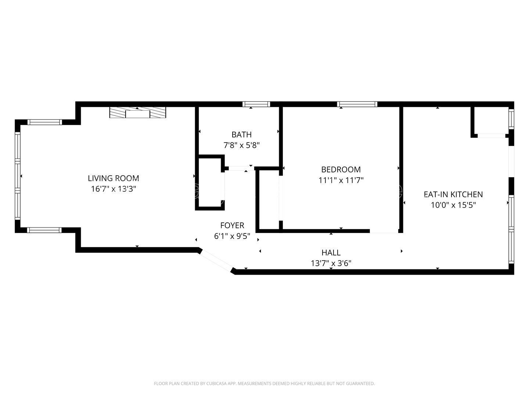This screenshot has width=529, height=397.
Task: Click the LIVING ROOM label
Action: click(113, 178)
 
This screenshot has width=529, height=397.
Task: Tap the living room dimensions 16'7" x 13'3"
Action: click(113, 189)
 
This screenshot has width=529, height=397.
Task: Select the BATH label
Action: click(241, 135)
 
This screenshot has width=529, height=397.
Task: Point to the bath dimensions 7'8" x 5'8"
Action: click(241, 145)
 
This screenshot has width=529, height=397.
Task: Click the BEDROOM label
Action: click(341, 169)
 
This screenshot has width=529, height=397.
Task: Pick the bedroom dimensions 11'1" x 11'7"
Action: click(341, 180)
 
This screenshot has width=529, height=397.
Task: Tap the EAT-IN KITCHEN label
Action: click(453, 194)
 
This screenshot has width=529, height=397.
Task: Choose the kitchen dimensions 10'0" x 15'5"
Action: click(453, 205)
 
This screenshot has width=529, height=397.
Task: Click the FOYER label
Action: click(232, 225)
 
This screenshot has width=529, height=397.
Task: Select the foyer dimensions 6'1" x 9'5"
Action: click(232, 236)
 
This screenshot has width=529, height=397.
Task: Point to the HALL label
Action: click(331, 253)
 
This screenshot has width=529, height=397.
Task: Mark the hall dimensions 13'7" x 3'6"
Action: click(331, 263)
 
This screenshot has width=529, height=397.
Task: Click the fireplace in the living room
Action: click(137, 113)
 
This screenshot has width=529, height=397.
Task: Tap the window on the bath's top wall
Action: click(256, 104)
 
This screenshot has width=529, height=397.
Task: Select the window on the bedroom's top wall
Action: click(357, 104)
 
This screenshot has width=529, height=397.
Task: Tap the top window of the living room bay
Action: click(45, 122)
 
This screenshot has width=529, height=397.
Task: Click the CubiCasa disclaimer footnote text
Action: click(264, 383)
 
